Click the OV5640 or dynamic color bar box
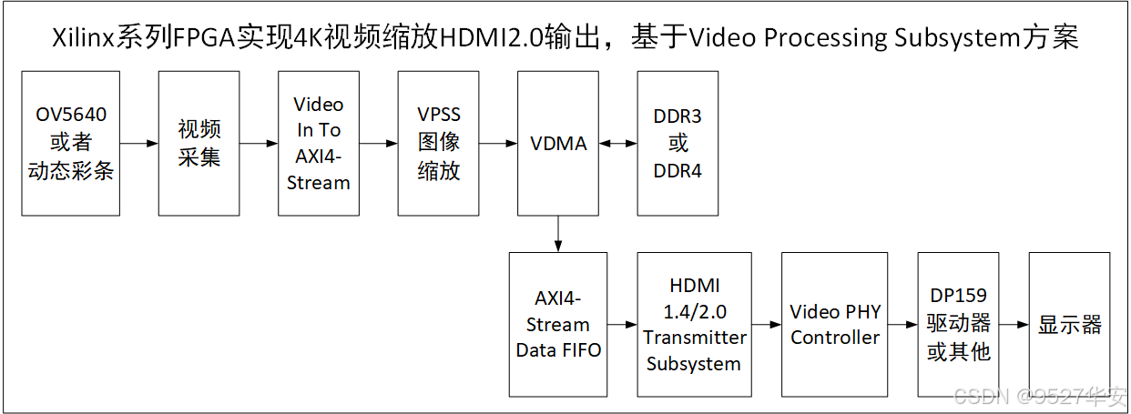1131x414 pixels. click(x=71, y=144)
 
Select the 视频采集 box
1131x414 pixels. click(x=199, y=144)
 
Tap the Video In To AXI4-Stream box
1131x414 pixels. click(x=319, y=144)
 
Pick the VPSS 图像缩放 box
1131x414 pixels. click(x=438, y=144)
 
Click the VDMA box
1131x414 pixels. click(x=558, y=144)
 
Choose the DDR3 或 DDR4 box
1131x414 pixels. click(x=678, y=144)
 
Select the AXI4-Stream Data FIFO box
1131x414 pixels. click(x=558, y=325)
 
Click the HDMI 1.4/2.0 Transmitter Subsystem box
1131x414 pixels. click(x=694, y=325)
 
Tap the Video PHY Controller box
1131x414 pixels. click(x=835, y=325)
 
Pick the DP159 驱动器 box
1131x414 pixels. click(x=958, y=325)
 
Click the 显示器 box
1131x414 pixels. click(x=1069, y=325)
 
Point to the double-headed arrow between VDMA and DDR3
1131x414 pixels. click(x=618, y=144)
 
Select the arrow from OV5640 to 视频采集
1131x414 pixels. click(x=138, y=144)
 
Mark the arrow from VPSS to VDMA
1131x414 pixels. click(x=498, y=144)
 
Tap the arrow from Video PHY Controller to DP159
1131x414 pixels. click(x=902, y=325)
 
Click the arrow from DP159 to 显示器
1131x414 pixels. click(x=1014, y=325)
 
